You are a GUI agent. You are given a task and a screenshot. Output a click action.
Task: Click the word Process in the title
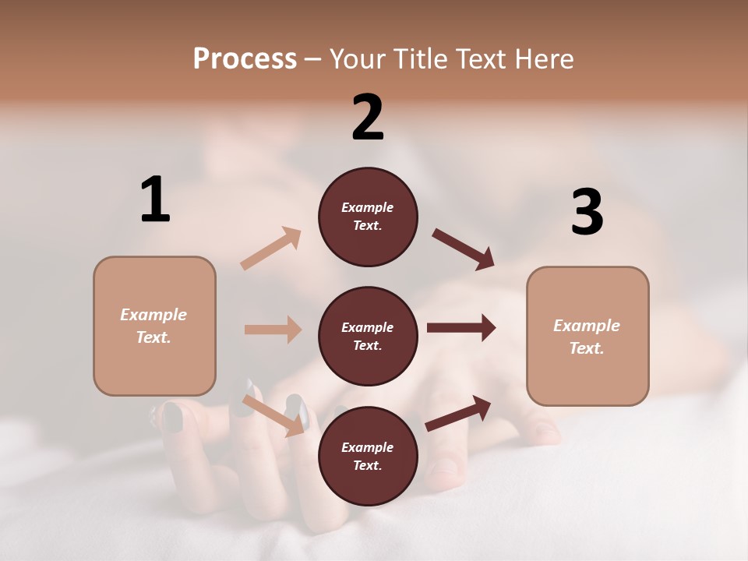click(245, 58)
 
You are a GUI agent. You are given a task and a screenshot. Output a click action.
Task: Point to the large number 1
click(155, 199)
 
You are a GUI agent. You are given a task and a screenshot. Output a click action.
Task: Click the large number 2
click(368, 118)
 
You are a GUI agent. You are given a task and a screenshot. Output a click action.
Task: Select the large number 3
click(587, 212)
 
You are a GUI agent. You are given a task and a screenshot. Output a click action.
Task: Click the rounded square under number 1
click(154, 326)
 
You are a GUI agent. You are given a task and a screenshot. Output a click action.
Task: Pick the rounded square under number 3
click(587, 336)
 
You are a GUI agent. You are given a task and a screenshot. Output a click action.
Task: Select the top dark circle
click(368, 217)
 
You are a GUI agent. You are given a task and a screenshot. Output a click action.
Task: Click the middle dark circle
click(368, 336)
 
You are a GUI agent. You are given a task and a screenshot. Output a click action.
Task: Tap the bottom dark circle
click(368, 456)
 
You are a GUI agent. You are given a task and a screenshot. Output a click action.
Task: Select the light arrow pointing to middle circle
click(273, 330)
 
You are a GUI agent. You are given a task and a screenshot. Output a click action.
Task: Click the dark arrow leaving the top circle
click(464, 249)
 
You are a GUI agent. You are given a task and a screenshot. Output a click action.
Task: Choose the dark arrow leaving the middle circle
click(461, 328)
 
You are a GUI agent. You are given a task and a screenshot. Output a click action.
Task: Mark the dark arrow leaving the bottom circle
click(459, 413)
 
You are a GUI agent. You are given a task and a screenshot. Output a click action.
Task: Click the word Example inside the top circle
click(367, 207)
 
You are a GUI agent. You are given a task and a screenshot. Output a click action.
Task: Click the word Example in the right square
click(587, 326)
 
